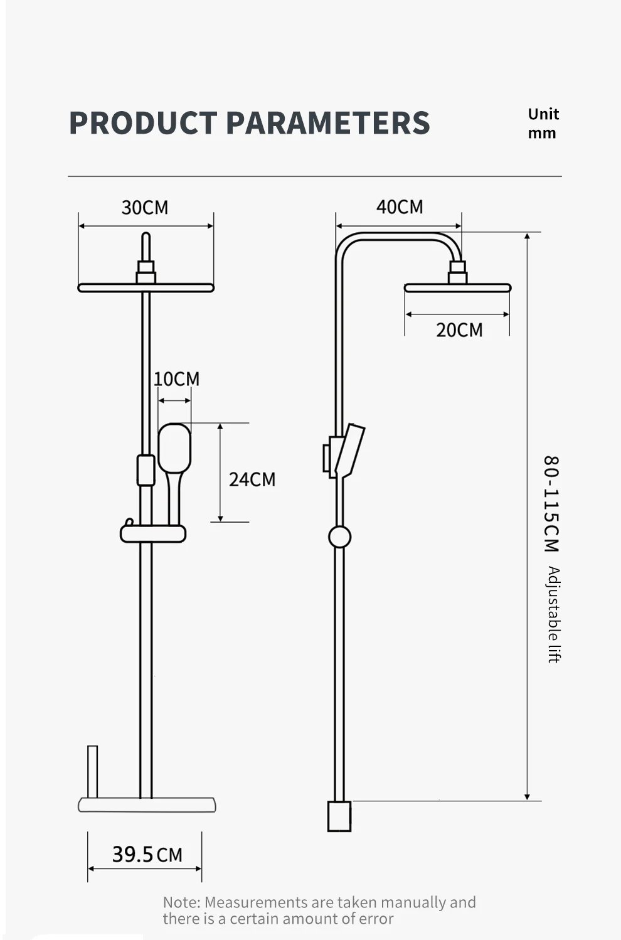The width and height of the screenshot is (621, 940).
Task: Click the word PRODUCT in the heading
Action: tap(142, 122)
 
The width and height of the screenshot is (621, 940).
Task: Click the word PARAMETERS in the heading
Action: tap(327, 122)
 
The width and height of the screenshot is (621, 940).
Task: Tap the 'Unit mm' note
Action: tap(543, 124)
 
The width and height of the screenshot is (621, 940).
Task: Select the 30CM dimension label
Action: tap(145, 208)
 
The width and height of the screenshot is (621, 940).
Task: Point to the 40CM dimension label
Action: tap(400, 207)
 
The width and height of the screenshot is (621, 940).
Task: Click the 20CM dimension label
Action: tap(459, 330)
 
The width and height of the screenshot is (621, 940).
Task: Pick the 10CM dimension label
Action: tap(176, 379)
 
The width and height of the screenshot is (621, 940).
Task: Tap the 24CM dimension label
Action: tap(252, 479)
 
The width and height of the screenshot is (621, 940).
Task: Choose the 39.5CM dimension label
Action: tap(147, 855)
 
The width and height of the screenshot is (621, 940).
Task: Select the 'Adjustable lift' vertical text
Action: tap(553, 614)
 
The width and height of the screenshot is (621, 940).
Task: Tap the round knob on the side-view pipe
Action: tap(339, 537)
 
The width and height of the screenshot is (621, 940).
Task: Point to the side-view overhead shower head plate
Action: tap(457, 288)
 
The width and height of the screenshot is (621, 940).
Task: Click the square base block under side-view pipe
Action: tap(339, 816)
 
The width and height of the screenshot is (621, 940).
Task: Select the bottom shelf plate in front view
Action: tap(147, 804)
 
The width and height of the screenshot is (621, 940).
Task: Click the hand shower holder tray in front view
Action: tap(153, 534)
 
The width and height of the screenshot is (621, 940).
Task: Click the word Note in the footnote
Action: tap(181, 902)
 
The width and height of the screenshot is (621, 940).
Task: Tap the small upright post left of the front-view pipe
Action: tap(92, 771)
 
